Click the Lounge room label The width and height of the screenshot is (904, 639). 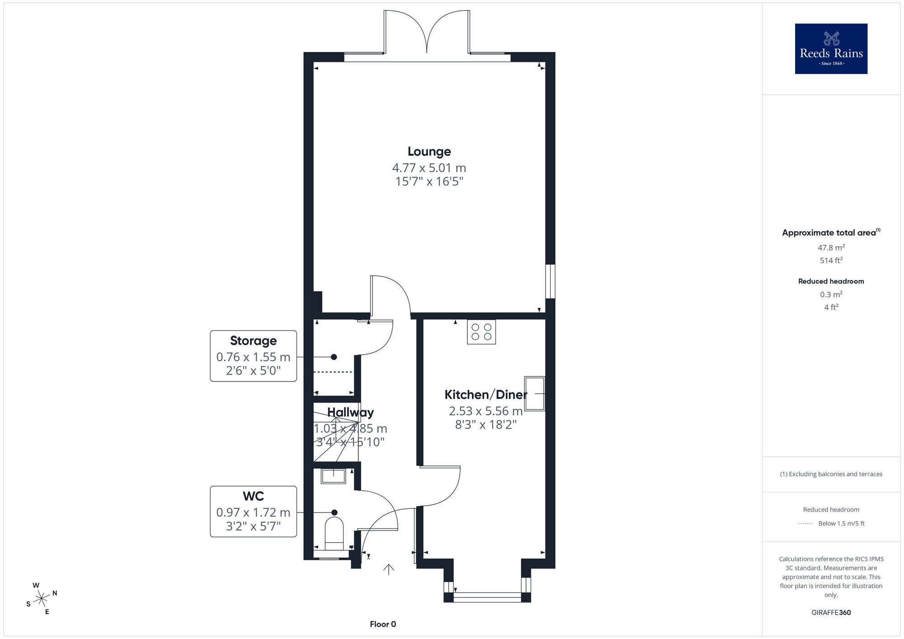coord(429,152)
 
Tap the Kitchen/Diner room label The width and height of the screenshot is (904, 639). coord(486,395)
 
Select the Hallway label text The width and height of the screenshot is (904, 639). coord(350,412)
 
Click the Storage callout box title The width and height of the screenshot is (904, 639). coord(253,341)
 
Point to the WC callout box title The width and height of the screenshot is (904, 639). coord(253,496)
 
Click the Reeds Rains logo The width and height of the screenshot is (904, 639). coord(831,49)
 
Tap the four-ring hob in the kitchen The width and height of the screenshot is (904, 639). coord(481,332)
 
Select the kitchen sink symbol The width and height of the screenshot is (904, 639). coord(535,393)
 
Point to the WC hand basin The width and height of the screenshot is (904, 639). coord(334,476)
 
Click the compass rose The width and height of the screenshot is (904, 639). coord(42,599)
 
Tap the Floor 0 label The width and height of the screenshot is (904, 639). coord(383,624)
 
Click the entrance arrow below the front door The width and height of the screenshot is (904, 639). coord(389,569)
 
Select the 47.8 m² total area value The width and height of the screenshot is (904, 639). coord(831,248)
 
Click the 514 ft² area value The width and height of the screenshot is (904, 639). coord(831,260)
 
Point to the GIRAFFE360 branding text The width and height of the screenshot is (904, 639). coord(831,613)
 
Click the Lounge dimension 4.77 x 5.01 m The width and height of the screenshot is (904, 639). coord(429,168)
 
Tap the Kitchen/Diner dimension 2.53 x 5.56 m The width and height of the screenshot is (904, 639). coord(486,411)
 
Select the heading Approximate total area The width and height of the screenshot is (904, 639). coord(829,233)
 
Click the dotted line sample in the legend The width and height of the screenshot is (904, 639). coord(805,524)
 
